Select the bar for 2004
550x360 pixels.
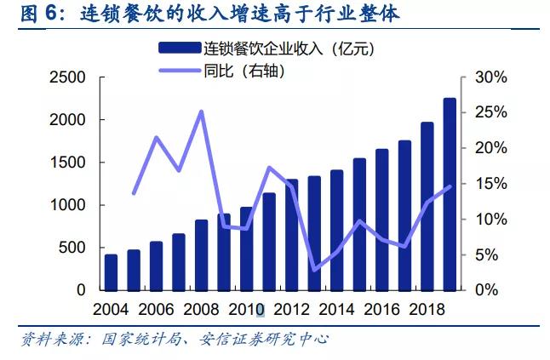coord(111,272)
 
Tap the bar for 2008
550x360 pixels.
coord(201,254)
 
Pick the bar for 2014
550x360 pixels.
coord(336,230)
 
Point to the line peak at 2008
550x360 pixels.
coord(201,111)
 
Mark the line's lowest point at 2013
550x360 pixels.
coord(314,270)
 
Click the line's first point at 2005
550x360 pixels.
coord(134,193)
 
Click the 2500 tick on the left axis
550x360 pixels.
coord(69,77)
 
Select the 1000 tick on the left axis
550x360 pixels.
coord(69,205)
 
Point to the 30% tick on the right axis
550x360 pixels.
coord(490,77)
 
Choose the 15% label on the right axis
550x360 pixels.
coord(490,184)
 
